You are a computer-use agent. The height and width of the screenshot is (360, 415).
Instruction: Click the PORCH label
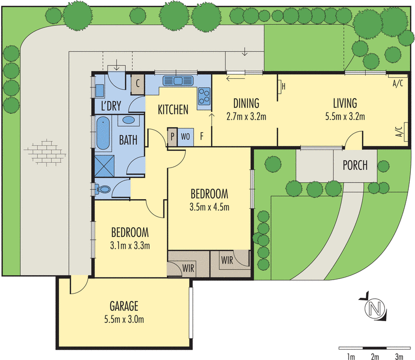(x=355, y=166)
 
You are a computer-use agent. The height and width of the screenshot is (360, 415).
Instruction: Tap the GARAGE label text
(x=124, y=306)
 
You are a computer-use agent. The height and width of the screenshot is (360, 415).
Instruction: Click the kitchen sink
(x=178, y=81)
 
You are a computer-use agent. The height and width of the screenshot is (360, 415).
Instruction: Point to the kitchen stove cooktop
(x=204, y=95)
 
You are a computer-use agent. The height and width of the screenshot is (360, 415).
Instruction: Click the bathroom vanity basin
(x=128, y=121)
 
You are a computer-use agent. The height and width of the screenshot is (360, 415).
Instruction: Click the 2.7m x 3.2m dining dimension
(x=246, y=116)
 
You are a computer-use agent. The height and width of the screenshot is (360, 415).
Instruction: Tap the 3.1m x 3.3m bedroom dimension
(x=130, y=245)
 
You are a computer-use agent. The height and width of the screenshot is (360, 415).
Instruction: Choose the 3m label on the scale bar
(x=398, y=356)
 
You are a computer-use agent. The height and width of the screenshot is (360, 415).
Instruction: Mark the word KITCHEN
(x=173, y=109)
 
